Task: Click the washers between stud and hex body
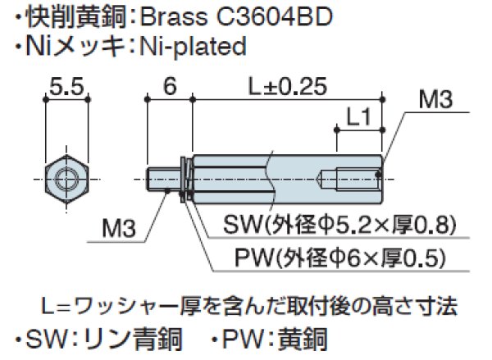point(185,175)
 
